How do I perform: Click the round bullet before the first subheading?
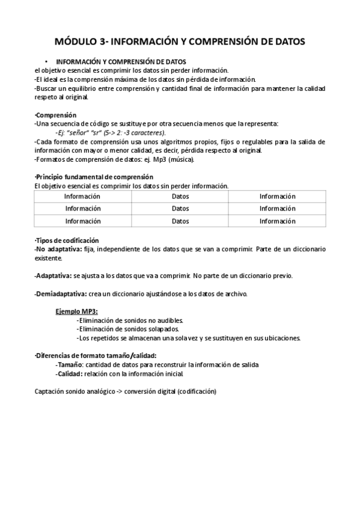pos(46,62)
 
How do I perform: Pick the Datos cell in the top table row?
pos(180,197)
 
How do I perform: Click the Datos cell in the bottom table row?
pos(180,221)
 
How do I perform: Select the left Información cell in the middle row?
pos(82,209)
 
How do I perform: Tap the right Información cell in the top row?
pos(277,197)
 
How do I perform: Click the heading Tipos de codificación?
pos(67,240)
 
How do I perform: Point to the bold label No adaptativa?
pos(57,248)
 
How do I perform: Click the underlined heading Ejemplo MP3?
pos(76,312)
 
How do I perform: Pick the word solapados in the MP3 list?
pos(163,330)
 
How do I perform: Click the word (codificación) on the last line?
pos(189,392)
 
